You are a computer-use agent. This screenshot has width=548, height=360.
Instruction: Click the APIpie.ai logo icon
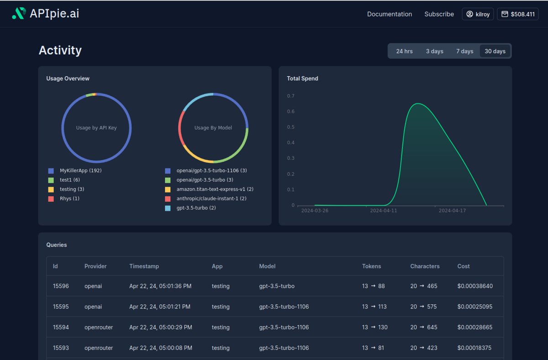19,14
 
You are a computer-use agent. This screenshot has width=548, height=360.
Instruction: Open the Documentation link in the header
389,14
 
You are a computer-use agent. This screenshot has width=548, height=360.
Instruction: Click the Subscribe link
439,14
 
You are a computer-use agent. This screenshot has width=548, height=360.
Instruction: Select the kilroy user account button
478,14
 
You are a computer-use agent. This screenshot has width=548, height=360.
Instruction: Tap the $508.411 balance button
517,14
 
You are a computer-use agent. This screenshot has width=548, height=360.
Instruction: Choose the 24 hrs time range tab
404,51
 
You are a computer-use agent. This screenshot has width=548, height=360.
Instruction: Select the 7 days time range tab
464,51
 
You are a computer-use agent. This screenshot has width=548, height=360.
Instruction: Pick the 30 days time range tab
495,51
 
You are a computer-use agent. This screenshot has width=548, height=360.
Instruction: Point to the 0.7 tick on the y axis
290,96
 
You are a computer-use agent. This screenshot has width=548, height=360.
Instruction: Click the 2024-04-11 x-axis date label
384,211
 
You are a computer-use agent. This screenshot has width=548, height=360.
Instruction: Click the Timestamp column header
144,266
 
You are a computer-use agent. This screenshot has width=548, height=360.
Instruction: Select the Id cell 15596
61,286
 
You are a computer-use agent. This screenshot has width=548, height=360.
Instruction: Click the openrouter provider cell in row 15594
99,327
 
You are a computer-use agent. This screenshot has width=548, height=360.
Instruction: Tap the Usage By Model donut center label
213,128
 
